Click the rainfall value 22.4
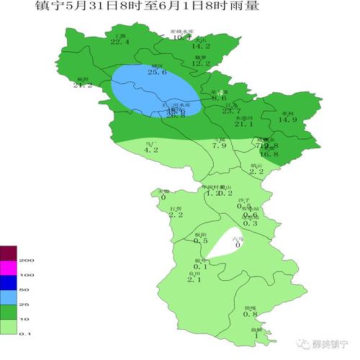tap(120, 42)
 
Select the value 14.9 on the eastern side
tap(288, 120)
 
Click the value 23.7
tap(231, 111)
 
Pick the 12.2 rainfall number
tap(201, 63)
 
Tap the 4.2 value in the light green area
tap(150, 150)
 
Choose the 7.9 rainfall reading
tap(219, 146)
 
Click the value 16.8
tap(269, 154)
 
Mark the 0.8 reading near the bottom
tap(250, 313)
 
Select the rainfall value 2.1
tap(194, 279)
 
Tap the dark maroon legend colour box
tap(8, 253)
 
